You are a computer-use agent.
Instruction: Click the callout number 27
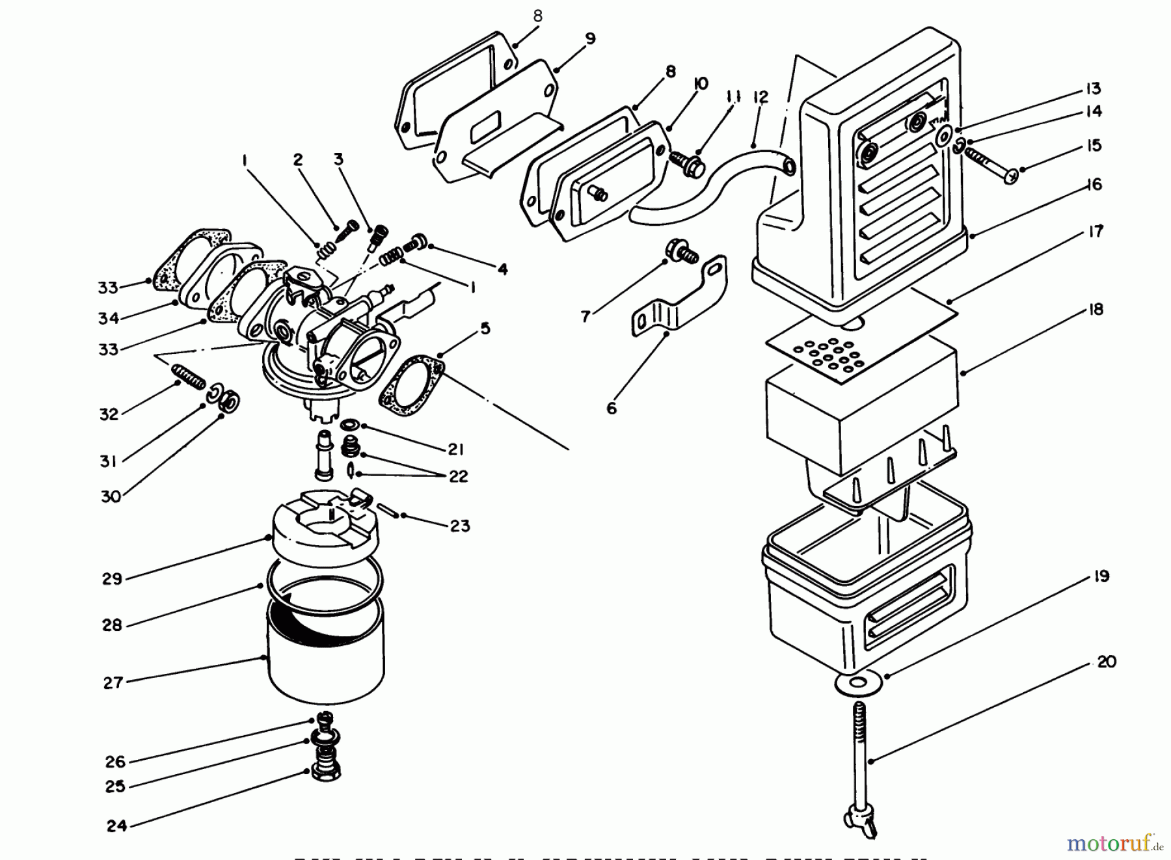pyautogui.click(x=113, y=683)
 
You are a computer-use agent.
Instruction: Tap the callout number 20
pyautogui.click(x=1106, y=662)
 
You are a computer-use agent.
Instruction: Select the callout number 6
pyautogui.click(x=612, y=409)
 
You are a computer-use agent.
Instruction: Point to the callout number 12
pyautogui.click(x=760, y=98)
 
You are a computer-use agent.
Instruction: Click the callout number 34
pyautogui.click(x=109, y=318)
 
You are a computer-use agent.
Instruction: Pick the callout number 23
pyautogui.click(x=459, y=526)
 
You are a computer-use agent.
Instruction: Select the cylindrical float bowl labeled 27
pyautogui.click(x=325, y=657)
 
